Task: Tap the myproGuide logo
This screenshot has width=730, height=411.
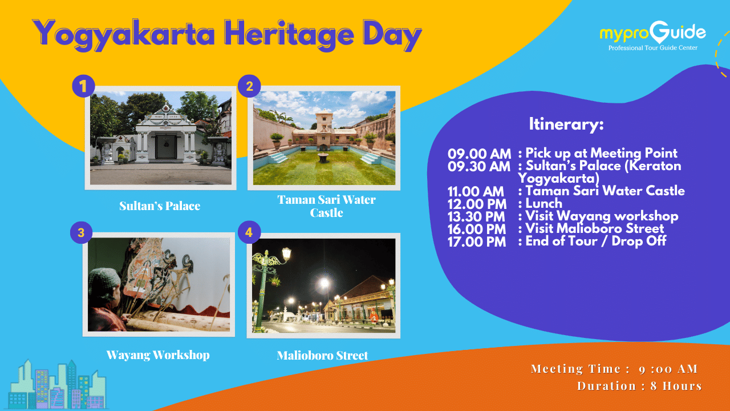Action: point(653,37)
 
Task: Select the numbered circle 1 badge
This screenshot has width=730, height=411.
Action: point(83,86)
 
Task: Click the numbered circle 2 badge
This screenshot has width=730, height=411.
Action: point(249,86)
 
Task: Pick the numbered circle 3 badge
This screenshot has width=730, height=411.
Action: point(81,232)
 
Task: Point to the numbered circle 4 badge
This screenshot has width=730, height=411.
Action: point(249,232)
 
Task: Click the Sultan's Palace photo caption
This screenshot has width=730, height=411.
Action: point(160,206)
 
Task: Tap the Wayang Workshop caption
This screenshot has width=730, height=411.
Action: point(158,355)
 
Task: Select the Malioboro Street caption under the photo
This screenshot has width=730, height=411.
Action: point(322,355)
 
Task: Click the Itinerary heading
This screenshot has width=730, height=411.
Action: point(566,124)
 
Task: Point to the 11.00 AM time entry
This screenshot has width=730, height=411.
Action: point(476,191)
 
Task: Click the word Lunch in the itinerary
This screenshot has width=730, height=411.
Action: point(544,204)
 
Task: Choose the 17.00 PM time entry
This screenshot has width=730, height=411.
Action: point(477,242)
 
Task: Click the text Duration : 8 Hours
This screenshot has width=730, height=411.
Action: point(639,386)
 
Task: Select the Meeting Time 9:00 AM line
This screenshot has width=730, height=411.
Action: point(614,369)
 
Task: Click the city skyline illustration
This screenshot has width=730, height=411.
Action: point(58,384)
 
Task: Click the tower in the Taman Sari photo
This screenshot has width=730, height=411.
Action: point(325,121)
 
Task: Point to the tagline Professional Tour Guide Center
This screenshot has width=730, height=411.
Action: point(653,48)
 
